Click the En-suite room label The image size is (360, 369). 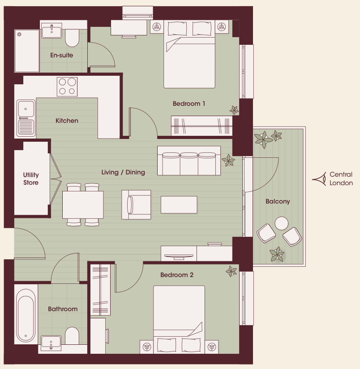[61, 55]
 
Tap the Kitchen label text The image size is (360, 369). [67, 121]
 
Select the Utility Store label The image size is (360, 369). [31, 178]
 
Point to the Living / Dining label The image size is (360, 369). [123, 172]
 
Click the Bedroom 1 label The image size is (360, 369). [189, 104]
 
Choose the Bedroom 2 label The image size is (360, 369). [177, 275]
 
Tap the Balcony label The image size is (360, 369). [278, 201]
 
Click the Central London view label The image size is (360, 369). [341, 178]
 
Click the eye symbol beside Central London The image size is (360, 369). [319, 179]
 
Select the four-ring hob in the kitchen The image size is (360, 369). [67, 87]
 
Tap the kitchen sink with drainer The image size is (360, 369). [26, 118]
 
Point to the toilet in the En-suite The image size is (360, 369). [72, 38]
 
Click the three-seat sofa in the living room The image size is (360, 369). [189, 161]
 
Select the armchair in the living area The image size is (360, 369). [136, 205]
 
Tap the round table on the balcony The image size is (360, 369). [282, 223]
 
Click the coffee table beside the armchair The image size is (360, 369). [179, 205]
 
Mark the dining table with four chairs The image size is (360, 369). [83, 205]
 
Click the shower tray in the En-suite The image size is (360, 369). [27, 51]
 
